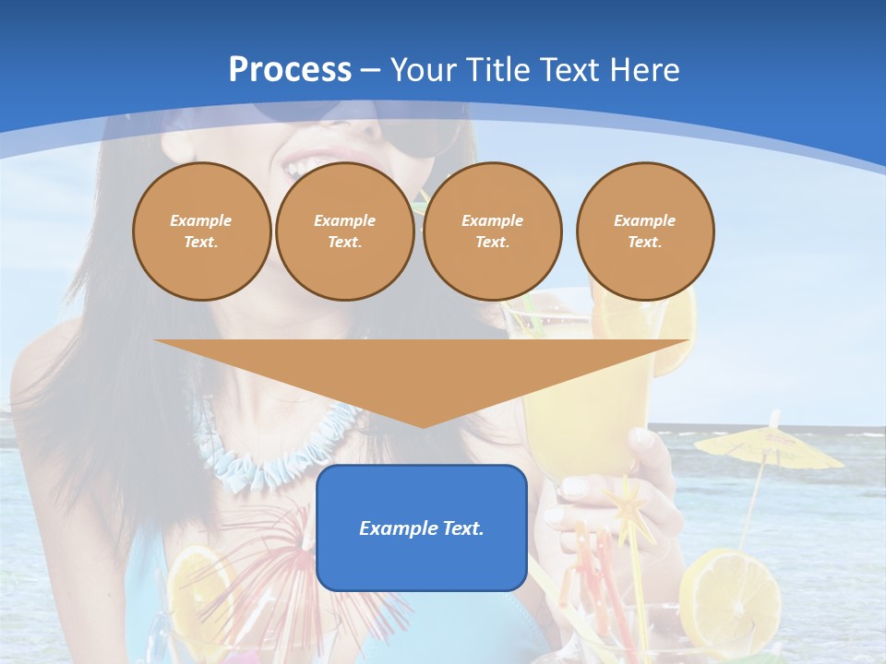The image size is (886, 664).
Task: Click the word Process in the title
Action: [290, 70]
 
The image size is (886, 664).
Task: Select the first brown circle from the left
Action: [202, 231]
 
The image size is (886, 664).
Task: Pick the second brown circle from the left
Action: [345, 231]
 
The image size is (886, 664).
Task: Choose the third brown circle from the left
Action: [493, 231]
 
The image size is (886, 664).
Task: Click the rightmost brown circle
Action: [645, 231]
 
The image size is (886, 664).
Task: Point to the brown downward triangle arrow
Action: [422, 373]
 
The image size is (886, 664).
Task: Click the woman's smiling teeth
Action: [305, 166]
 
